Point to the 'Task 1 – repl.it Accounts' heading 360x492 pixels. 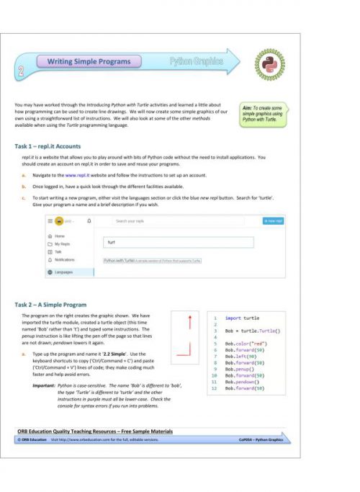point(48,146)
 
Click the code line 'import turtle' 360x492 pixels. point(242,317)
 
